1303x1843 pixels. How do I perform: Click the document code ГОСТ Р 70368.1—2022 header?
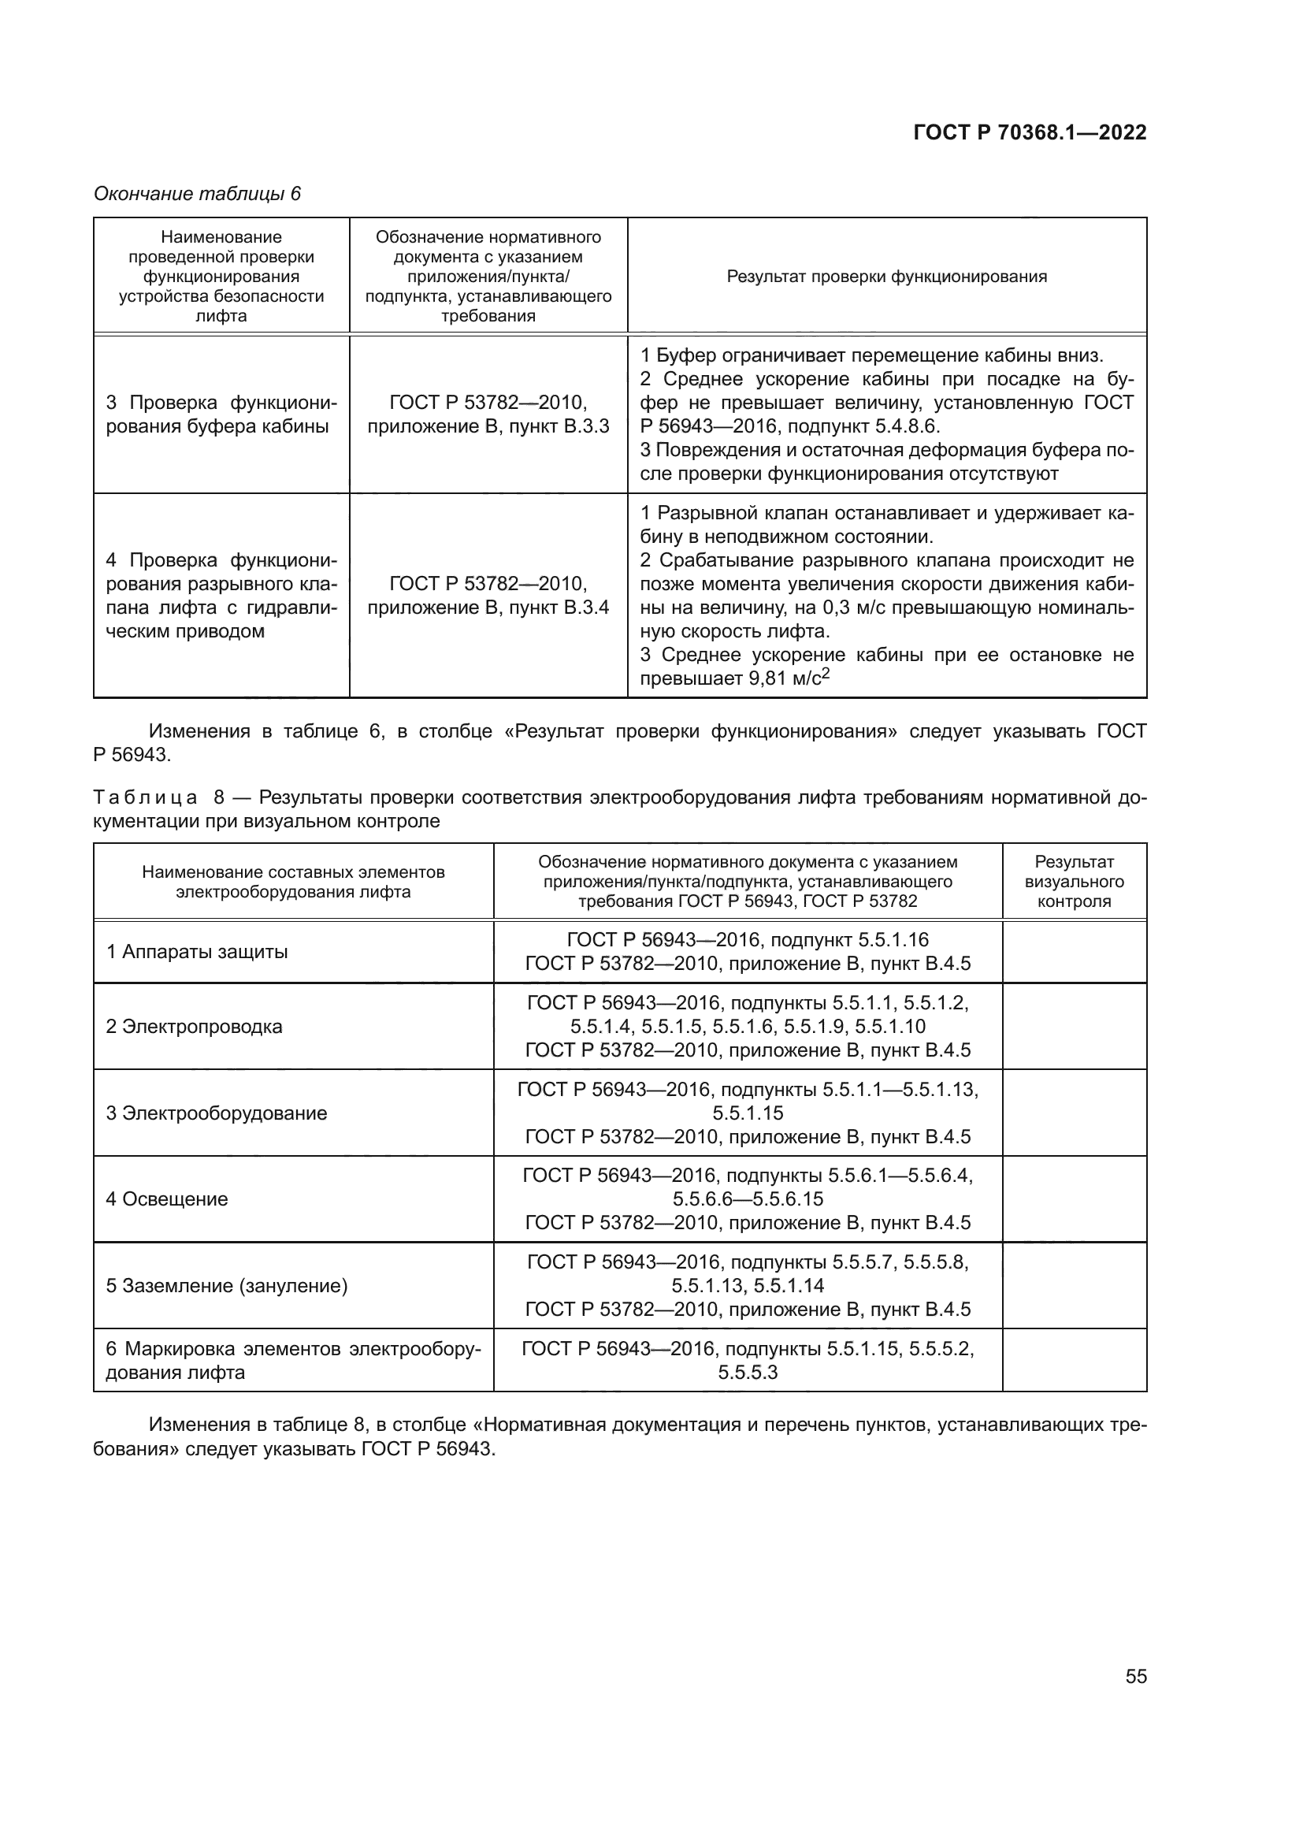1030,132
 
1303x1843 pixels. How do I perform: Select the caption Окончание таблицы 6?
198,194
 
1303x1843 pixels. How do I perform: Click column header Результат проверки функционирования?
886,276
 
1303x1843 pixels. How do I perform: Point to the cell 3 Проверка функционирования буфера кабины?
221,414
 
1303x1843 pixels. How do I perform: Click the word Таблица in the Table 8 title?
145,798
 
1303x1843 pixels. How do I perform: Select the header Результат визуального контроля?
1074,882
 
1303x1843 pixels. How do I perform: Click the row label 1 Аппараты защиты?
198,952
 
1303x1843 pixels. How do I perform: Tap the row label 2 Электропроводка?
194,1027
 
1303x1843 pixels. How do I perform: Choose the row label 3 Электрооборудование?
217,1113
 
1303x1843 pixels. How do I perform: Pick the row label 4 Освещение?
167,1199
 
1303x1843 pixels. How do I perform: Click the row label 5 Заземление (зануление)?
227,1286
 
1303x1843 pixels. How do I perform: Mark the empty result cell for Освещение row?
1074,1199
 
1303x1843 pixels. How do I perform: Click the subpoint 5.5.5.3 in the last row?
748,1373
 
